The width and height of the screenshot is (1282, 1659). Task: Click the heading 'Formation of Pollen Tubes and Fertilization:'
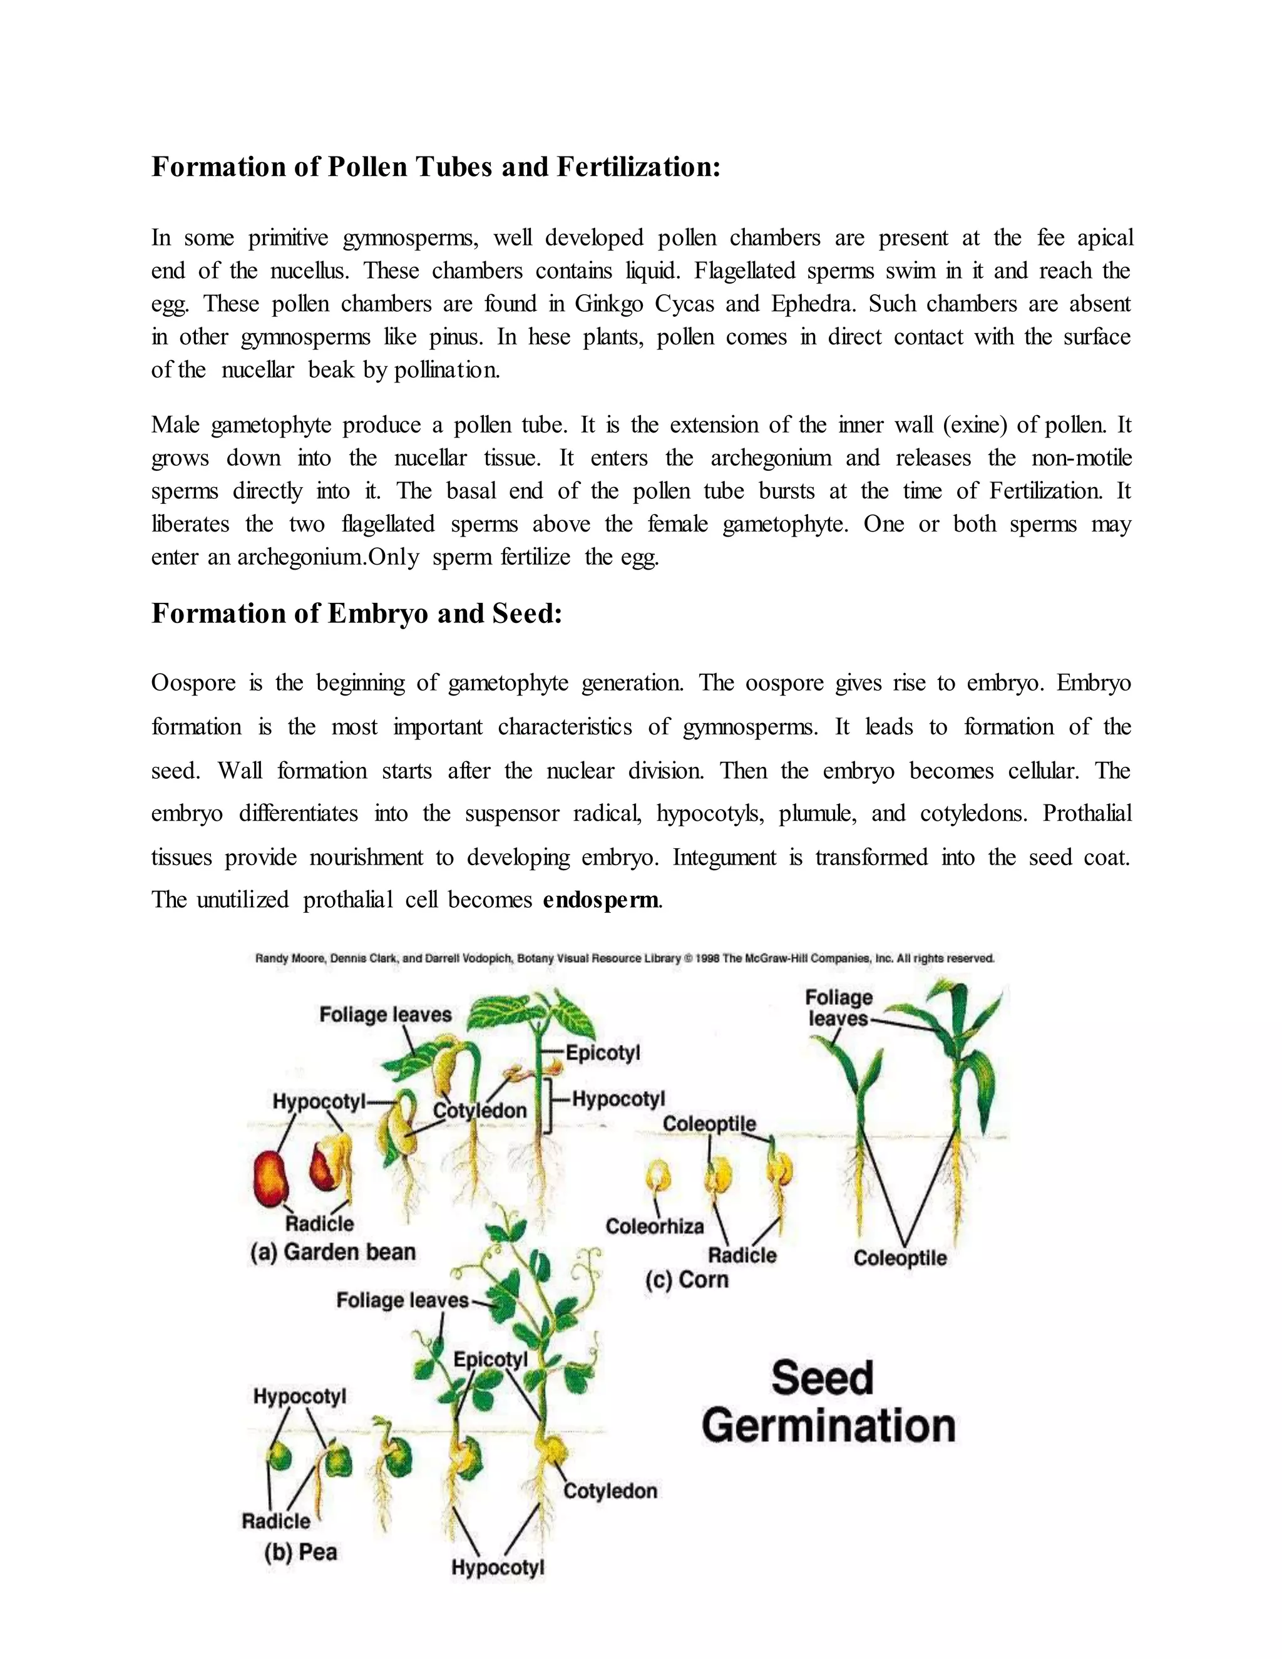coord(435,167)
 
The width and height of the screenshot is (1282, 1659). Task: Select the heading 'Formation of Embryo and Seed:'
coord(356,613)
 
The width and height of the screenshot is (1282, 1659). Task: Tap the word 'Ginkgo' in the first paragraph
coord(608,304)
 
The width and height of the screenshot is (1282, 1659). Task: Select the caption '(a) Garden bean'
coord(332,1252)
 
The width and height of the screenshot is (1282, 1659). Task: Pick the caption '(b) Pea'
coord(300,1551)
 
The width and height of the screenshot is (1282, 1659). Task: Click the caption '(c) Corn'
coord(687,1279)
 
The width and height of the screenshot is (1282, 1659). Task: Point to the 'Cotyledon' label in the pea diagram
coord(610,1491)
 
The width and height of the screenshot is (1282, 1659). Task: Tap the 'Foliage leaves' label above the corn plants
coord(838,1007)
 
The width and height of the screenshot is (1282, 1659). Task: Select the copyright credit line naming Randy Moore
coord(624,958)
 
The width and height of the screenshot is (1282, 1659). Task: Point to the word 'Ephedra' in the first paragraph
coord(813,304)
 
